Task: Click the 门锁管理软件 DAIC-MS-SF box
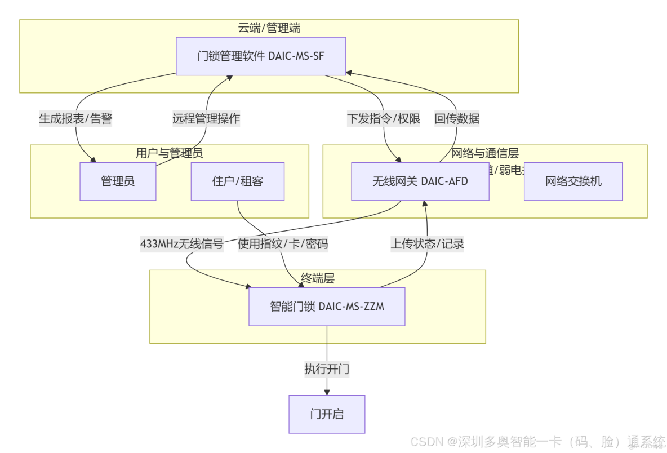coord(261,56)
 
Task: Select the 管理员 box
coord(118,181)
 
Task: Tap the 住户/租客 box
coord(237,181)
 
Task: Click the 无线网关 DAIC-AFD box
coord(420,181)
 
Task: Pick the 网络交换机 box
coord(573,181)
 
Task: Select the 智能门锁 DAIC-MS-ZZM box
coord(327,307)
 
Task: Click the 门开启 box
coord(327,414)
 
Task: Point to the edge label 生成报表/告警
coord(75,119)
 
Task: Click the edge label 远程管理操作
coord(206,119)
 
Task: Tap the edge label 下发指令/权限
coord(383,119)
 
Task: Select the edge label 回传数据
coord(457,119)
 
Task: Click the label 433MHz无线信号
coord(181,244)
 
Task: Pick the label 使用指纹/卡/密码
coord(282,244)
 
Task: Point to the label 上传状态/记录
coord(427,244)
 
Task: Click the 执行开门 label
coord(327,370)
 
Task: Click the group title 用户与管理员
coord(169,153)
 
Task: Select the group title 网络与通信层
coord(485,153)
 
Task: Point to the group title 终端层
coord(318,278)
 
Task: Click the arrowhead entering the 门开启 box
coord(327,392)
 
